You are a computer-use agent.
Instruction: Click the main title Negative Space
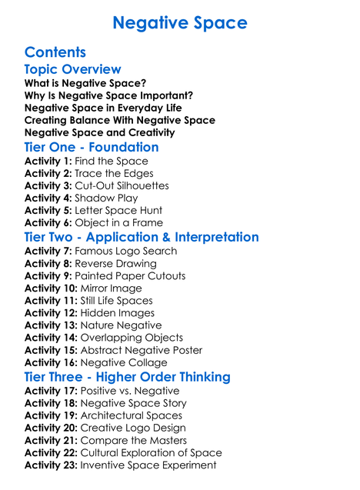(x=180, y=23)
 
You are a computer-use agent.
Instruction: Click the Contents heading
(x=55, y=52)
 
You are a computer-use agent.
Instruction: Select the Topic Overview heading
(x=73, y=70)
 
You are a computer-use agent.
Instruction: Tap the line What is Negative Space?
(x=85, y=83)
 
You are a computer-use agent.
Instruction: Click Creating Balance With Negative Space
(x=120, y=120)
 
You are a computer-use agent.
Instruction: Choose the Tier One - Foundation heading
(x=92, y=147)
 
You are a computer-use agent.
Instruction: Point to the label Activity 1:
(x=48, y=161)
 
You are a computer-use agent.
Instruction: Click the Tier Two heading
(x=142, y=237)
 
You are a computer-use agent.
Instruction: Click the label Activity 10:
(x=51, y=288)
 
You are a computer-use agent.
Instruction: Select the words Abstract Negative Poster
(x=142, y=350)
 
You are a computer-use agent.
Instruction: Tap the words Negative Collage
(x=124, y=362)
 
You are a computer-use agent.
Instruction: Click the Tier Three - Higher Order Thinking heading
(x=128, y=377)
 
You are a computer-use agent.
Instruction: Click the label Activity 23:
(x=51, y=465)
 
